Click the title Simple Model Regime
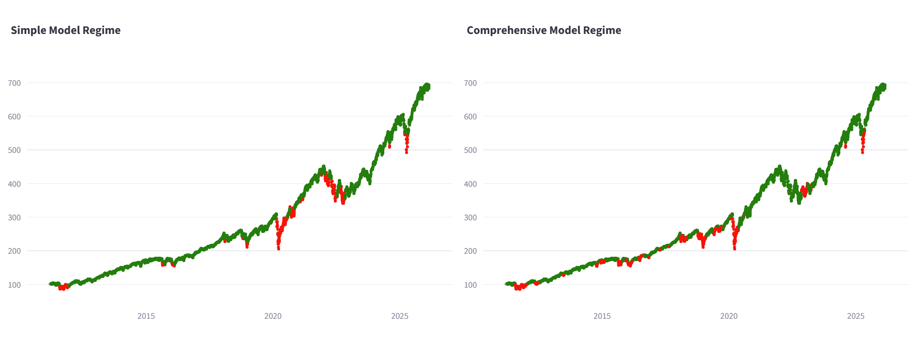tap(65, 30)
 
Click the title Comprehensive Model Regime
tap(543, 30)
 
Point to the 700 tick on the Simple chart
tap(15, 83)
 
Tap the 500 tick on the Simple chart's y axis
tap(15, 150)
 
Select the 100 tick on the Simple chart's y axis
tap(15, 285)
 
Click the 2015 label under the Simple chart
tap(146, 316)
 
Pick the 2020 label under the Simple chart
tap(273, 316)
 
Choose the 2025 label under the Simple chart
tap(400, 316)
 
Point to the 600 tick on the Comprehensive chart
tap(470, 116)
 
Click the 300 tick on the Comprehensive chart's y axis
tap(470, 217)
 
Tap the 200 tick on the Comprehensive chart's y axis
tap(470, 251)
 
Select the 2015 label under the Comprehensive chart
tap(602, 316)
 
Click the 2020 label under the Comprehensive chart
tap(729, 316)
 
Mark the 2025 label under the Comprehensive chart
tap(856, 316)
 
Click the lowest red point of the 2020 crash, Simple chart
tap(278, 249)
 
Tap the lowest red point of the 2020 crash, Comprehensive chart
tap(735, 249)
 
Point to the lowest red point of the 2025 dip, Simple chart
tap(407, 153)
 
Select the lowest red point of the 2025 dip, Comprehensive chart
tap(863, 153)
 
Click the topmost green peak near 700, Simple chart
tap(427, 84)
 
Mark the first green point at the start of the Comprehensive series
tap(506, 284)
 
